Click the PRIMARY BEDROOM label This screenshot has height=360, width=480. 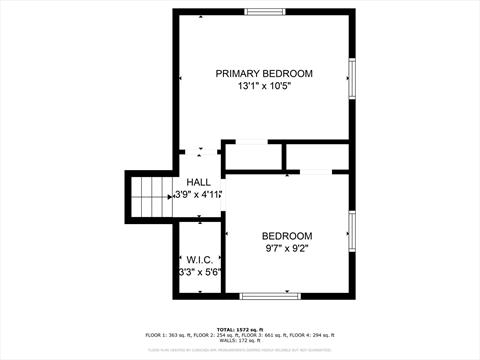[265, 74]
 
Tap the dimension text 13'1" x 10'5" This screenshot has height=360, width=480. [265, 88]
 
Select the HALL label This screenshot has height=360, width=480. [198, 181]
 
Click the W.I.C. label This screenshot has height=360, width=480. [199, 258]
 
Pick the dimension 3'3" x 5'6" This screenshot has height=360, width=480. [199, 271]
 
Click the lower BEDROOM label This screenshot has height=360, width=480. [288, 235]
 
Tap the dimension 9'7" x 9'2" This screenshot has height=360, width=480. [288, 248]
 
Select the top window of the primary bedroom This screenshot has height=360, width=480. [264, 12]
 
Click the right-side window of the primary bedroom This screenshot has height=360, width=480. [351, 78]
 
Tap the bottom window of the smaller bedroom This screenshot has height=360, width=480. [269, 295]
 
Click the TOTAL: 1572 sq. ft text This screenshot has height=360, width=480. [239, 327]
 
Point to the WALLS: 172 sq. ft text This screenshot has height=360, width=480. [240, 341]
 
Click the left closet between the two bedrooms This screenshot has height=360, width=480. [252, 158]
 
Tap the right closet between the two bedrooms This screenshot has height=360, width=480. [318, 158]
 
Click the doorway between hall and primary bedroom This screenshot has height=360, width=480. [200, 149]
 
